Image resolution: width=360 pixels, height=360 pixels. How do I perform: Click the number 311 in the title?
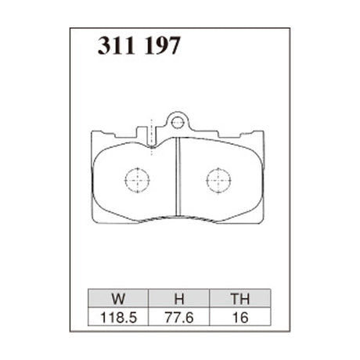(116, 46)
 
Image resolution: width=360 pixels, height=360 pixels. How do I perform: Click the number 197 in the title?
(161, 46)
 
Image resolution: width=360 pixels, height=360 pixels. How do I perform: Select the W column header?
(117, 297)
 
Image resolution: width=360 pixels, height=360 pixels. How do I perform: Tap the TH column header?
(239, 297)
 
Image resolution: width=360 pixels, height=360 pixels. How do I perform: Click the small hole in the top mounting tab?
(178, 122)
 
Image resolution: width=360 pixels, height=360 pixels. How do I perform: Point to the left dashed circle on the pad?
(137, 180)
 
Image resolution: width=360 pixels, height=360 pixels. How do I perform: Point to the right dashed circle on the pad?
(218, 180)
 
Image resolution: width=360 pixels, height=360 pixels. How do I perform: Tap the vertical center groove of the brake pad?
(178, 180)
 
